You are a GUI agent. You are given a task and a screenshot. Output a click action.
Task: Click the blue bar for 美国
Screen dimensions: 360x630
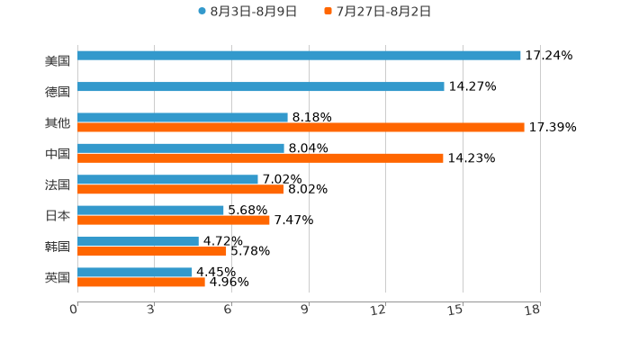point(299,56)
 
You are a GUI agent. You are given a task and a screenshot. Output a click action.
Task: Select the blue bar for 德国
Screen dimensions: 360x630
point(261,87)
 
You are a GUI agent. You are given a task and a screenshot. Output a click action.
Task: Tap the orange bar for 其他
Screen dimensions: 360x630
point(301,128)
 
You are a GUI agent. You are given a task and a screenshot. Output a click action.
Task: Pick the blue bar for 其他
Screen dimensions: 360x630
point(183,117)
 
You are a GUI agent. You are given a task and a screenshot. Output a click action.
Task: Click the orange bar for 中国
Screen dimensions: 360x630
point(260,158)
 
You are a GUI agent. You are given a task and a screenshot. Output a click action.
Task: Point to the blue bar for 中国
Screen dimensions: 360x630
point(181,148)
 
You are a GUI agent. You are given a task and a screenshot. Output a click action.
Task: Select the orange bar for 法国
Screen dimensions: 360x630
point(181,190)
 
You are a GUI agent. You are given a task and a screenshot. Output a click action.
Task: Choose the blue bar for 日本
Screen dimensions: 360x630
point(150,211)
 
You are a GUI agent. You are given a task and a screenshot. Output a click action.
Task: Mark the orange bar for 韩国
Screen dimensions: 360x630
point(152,252)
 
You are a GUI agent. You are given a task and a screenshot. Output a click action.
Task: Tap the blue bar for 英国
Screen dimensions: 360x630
point(135,272)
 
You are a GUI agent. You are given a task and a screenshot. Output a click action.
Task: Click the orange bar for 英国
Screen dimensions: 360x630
point(141,283)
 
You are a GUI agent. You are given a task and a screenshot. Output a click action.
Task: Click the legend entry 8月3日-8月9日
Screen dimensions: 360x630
point(247,12)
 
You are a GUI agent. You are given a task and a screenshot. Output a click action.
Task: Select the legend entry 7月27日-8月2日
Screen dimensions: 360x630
point(377,12)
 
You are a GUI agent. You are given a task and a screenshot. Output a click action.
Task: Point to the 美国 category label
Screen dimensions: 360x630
point(58,61)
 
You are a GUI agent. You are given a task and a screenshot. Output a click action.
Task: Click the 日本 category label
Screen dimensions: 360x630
point(58,216)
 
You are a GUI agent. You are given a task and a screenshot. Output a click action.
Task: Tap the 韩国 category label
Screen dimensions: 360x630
point(58,247)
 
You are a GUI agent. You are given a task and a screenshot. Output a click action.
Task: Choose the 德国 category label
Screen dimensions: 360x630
point(58,92)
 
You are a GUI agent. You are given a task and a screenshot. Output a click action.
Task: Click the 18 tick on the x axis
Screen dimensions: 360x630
point(533,310)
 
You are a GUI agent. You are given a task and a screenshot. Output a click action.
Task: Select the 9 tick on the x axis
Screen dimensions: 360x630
point(304,310)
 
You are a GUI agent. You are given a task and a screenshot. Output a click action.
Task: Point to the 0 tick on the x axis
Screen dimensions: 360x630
point(75,310)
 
